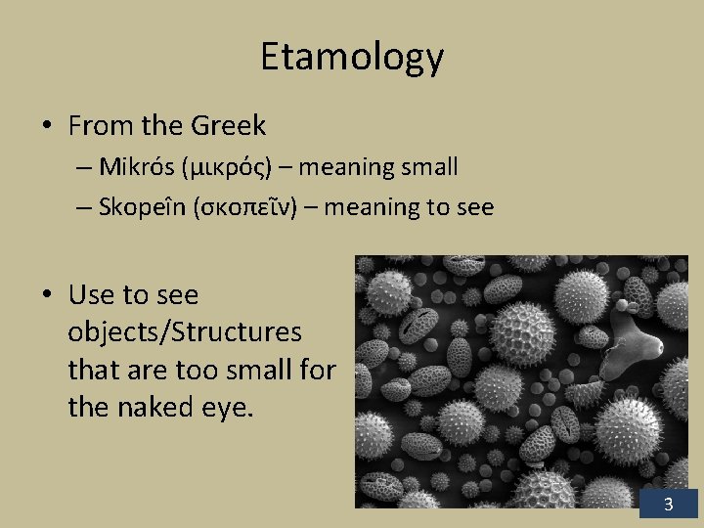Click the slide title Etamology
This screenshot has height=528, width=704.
coord(352,57)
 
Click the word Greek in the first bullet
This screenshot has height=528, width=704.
coord(230,126)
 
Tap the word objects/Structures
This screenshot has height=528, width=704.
coord(185,332)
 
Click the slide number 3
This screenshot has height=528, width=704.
coord(669,506)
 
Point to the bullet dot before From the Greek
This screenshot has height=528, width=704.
coord(47,127)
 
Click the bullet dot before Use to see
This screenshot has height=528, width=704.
coord(47,295)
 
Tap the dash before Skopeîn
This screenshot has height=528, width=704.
coord(82,208)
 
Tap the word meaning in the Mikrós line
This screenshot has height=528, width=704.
coord(342,167)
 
